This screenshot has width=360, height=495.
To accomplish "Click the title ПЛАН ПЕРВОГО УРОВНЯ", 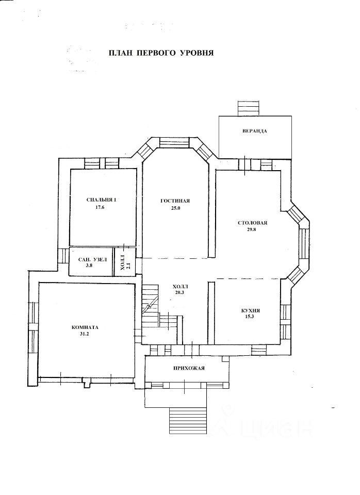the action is [161, 53].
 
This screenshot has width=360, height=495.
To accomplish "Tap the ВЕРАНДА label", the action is [255, 130].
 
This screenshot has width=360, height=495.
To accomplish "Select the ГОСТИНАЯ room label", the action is [175, 201].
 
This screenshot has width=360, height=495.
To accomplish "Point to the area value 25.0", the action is [175, 208].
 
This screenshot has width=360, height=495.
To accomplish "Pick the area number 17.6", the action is [100, 207].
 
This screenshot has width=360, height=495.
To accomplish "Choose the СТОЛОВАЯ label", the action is [253, 223].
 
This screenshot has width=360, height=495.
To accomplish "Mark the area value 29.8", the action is [252, 229].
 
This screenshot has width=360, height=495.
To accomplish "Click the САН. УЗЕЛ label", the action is [92, 259].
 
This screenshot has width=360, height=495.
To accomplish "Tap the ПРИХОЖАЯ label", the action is [189, 368].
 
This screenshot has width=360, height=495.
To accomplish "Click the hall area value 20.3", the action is [179, 292].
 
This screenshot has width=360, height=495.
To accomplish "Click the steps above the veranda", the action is [248, 108].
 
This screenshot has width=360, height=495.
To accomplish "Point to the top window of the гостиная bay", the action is [174, 142].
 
